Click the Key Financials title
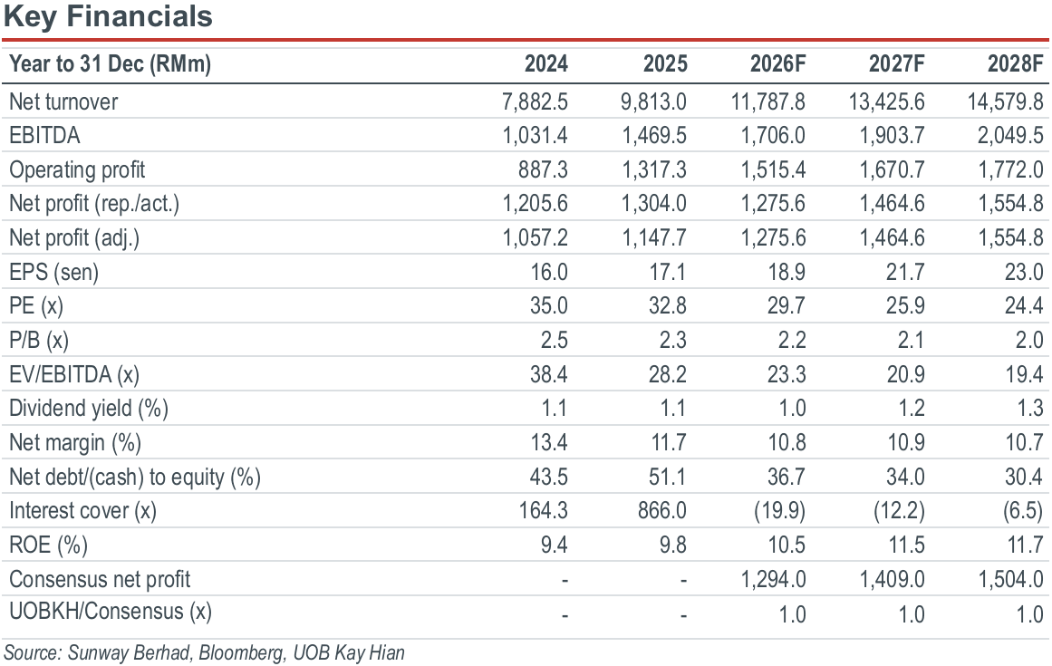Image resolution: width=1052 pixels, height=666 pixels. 108,16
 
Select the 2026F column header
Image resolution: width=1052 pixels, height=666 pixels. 777,63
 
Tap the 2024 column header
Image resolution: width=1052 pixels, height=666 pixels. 546,63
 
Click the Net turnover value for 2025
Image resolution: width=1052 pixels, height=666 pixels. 653,101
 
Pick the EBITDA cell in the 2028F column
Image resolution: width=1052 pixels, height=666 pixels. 1010,136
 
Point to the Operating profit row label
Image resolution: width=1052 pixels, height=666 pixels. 77,169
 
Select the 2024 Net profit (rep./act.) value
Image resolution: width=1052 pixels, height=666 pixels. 536,203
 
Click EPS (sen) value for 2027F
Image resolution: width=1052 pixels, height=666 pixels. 906,272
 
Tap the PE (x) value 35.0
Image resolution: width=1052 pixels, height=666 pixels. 549,306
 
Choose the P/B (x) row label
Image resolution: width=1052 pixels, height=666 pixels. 39,340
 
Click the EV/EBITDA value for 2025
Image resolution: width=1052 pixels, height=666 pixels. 668,374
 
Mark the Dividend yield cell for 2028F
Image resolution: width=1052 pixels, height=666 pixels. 1030,409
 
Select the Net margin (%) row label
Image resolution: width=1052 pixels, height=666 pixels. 75,443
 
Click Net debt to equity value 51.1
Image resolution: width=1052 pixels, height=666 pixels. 668,477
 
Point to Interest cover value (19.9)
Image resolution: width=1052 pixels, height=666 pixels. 779,511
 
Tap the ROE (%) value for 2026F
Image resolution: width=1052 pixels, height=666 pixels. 787,545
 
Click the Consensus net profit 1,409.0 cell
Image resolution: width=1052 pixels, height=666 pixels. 893,580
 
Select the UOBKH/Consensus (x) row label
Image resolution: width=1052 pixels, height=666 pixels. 111,612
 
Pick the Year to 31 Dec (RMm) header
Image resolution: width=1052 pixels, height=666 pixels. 110,63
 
